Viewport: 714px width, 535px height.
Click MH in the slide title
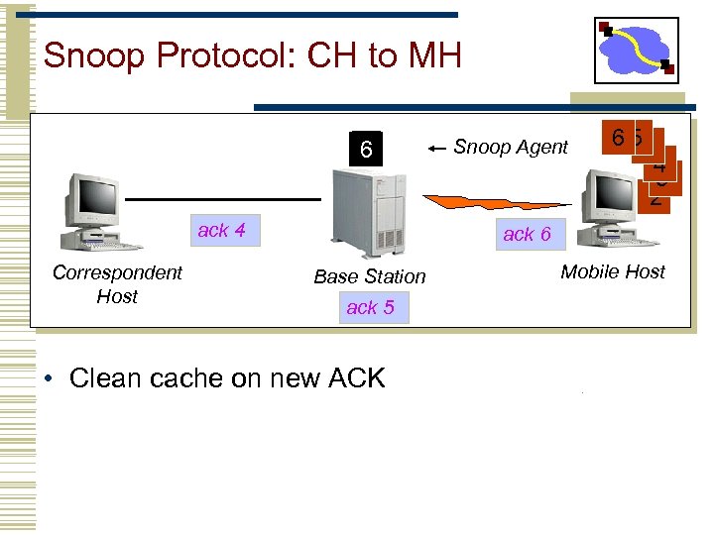coord(433,55)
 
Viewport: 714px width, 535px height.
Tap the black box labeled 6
coord(366,150)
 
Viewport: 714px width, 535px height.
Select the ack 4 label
coord(222,231)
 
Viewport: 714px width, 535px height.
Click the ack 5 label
coord(370,308)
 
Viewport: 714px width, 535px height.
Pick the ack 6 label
coord(527,235)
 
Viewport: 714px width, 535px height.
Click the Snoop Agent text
coord(511,148)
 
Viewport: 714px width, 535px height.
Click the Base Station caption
coord(369,276)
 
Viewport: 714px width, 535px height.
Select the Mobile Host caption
coord(613,271)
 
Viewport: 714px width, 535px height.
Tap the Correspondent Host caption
coord(117,283)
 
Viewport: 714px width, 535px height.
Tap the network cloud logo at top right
coord(637,49)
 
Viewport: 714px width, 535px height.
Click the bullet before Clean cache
coord(50,378)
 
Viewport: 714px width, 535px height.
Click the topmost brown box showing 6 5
coord(626,139)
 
